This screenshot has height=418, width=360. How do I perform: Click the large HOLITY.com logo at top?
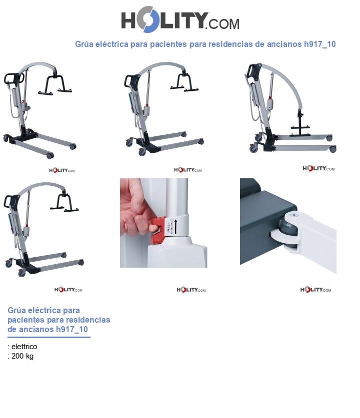click(180, 20)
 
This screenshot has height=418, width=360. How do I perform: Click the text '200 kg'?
click(22, 356)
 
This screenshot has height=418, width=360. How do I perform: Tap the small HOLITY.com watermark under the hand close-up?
click(191, 290)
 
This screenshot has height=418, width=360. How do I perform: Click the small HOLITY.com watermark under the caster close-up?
click(315, 290)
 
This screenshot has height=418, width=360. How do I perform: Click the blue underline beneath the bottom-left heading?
click(48, 338)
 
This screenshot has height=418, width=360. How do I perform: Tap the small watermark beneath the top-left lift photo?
click(61, 170)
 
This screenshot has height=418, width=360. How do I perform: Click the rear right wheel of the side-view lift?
click(332, 149)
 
